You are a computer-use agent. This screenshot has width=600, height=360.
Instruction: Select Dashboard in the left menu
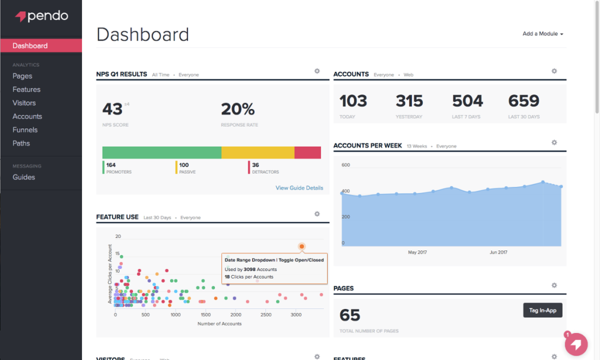[x=30, y=46]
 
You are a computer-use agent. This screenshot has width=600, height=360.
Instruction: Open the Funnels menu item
[x=25, y=130]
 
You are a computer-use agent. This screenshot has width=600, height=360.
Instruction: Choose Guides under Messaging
[x=23, y=177]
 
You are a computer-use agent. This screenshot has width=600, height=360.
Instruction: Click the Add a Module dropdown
[x=543, y=34]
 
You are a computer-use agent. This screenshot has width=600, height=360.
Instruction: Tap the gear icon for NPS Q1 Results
[x=317, y=71]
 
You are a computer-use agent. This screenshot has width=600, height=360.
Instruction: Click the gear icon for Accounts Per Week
[x=554, y=142]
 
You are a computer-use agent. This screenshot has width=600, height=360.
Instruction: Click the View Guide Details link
[x=299, y=188]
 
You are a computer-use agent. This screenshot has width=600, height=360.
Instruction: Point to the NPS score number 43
[x=112, y=109]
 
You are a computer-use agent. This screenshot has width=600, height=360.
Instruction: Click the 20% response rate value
[x=237, y=109]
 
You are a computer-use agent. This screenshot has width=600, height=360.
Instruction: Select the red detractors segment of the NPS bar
[x=308, y=152]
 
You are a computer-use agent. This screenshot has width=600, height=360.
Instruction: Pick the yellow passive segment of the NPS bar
[x=258, y=152]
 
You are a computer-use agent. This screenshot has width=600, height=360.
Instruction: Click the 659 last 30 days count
[x=523, y=101]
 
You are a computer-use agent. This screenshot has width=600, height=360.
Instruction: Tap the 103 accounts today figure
[x=353, y=101]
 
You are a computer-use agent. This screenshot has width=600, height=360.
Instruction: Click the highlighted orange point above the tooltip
[x=302, y=247]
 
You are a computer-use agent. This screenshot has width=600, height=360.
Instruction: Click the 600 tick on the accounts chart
[x=346, y=165]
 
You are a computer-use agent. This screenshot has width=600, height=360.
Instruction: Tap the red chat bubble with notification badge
[x=576, y=344]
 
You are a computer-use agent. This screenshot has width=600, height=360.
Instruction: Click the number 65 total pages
[x=350, y=315]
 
